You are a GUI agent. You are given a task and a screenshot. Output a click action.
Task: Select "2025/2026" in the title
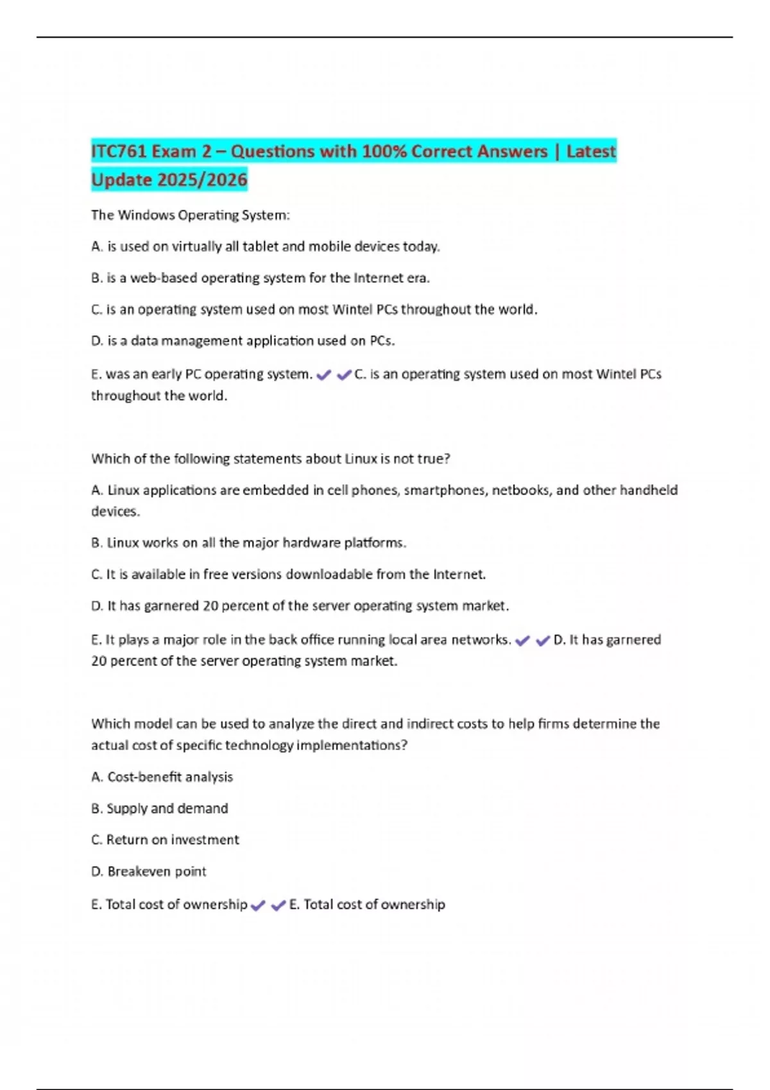click(202, 180)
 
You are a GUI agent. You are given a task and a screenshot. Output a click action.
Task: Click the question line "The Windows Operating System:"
click(191, 215)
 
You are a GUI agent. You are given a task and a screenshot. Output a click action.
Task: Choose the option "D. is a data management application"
click(243, 341)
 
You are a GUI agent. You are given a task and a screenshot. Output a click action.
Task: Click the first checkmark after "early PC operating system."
click(323, 375)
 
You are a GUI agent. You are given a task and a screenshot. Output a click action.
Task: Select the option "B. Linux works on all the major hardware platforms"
click(249, 543)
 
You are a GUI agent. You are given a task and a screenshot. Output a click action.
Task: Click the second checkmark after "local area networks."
click(543, 641)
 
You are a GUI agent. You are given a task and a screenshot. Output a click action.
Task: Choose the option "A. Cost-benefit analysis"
click(162, 777)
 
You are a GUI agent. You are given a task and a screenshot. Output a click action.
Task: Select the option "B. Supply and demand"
click(160, 809)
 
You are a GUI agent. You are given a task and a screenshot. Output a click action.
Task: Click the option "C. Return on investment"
click(166, 840)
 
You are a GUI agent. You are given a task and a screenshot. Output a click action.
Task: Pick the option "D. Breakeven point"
click(149, 872)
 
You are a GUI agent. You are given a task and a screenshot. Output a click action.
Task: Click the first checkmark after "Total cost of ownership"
click(258, 906)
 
